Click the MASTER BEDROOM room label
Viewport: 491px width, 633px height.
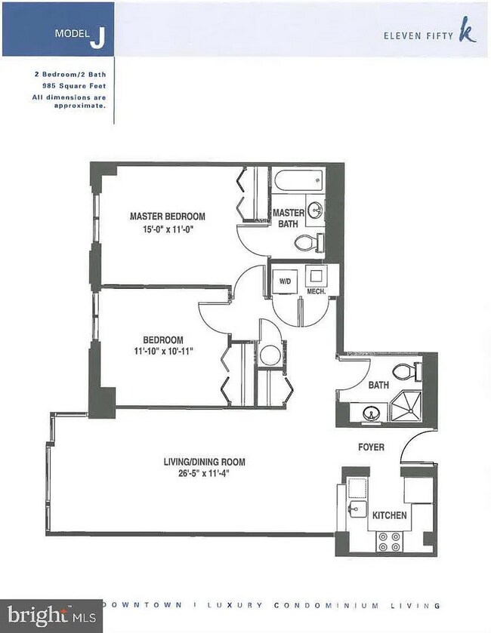(x=167, y=215)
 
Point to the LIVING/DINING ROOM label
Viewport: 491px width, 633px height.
(x=204, y=462)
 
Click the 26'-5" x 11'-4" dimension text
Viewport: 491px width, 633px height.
(x=204, y=474)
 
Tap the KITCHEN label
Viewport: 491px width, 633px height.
(x=389, y=515)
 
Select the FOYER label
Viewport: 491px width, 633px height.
(x=371, y=447)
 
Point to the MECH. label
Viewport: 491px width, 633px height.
(x=314, y=290)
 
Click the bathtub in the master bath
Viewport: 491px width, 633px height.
(x=298, y=181)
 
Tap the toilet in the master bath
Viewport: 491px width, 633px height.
(x=307, y=242)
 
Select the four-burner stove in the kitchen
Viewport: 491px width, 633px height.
(x=388, y=541)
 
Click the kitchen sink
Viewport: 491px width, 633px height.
(x=357, y=509)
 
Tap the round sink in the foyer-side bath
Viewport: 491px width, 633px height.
(x=369, y=413)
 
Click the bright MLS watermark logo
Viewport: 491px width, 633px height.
(x=51, y=614)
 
